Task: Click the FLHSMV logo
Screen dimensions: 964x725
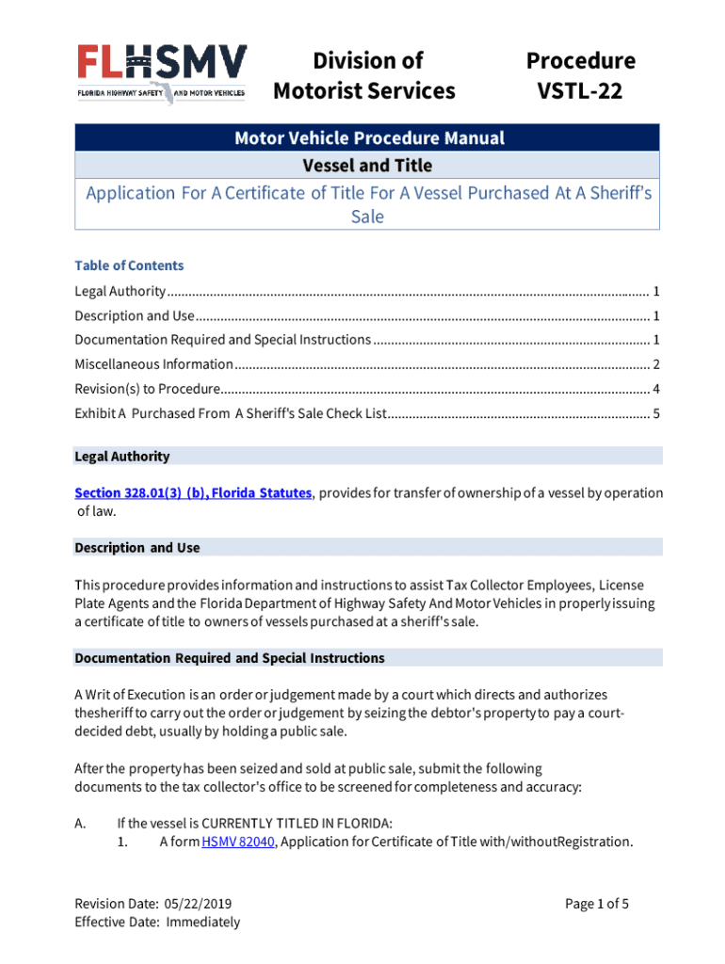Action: point(162,73)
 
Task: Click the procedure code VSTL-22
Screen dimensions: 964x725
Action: point(580,91)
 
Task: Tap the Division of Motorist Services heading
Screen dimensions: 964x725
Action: point(363,76)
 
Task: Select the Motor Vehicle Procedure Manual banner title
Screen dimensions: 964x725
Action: point(368,138)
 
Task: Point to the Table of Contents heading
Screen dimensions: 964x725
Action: point(129,265)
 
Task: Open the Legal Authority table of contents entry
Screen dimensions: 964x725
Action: point(121,291)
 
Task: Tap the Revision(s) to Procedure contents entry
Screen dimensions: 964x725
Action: point(148,389)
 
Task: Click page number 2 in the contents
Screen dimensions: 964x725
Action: point(655,364)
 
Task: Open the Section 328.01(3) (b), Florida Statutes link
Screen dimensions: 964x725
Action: point(193,493)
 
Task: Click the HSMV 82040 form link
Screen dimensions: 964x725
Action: point(238,842)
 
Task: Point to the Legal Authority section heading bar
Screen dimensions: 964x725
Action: point(367,457)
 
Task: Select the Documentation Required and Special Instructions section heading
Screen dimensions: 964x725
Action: point(229,658)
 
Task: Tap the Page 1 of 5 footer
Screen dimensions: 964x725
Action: point(597,905)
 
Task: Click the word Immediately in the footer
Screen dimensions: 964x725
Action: point(202,923)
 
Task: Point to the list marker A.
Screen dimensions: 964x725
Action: point(80,824)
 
